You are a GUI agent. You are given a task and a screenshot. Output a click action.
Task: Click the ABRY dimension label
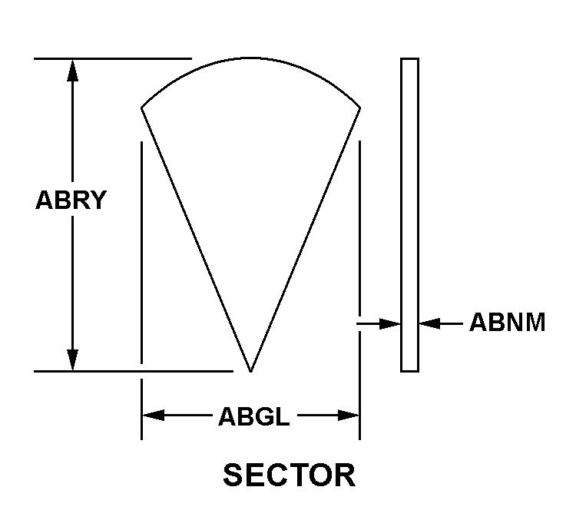[x=71, y=200]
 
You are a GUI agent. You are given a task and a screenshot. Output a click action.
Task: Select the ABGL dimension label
[x=254, y=417]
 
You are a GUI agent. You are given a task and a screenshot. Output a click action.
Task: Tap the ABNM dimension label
[x=507, y=323]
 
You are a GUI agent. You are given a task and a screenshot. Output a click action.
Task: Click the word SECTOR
[x=289, y=475]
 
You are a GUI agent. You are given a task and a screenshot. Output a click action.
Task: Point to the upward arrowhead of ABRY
[x=73, y=70]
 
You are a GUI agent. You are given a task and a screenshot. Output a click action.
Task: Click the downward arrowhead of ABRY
[x=73, y=359]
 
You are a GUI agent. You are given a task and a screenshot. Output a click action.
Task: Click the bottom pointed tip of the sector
[x=250, y=370]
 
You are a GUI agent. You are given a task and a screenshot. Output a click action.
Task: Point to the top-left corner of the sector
[x=142, y=108]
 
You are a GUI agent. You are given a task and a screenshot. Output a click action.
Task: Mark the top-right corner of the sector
[x=360, y=108]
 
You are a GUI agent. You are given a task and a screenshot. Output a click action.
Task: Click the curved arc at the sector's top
[x=251, y=60]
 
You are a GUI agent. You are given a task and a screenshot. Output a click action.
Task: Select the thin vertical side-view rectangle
[x=409, y=215]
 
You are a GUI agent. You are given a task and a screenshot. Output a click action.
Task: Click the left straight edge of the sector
[x=196, y=238]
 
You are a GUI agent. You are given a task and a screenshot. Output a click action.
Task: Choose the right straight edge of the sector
[x=306, y=238]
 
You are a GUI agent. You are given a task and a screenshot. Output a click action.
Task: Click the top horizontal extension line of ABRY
[x=111, y=58]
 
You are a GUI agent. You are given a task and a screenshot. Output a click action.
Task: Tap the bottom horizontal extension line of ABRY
[x=131, y=371]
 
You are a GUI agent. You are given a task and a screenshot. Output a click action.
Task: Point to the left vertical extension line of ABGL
[x=141, y=292]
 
